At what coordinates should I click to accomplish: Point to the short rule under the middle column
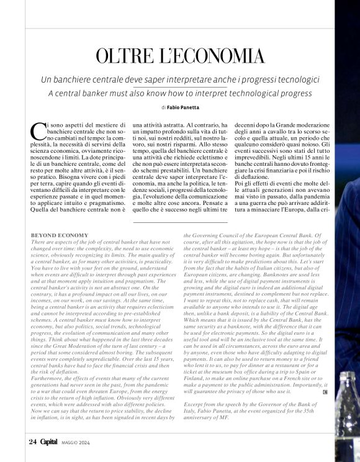[180, 222]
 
